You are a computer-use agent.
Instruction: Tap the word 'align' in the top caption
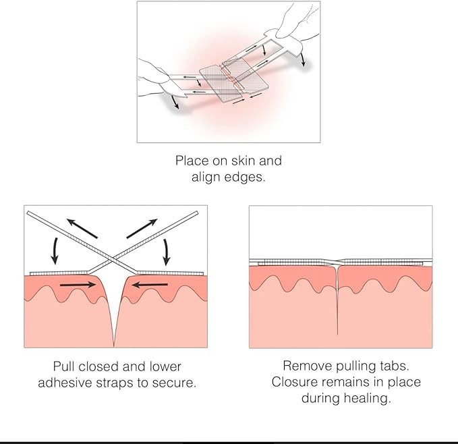click(x=206, y=178)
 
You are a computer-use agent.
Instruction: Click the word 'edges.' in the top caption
click(x=246, y=178)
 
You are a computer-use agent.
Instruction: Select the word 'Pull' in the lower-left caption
click(x=66, y=366)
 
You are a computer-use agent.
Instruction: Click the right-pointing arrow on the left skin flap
click(x=77, y=285)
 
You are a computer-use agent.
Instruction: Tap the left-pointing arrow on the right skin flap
click(x=146, y=285)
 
